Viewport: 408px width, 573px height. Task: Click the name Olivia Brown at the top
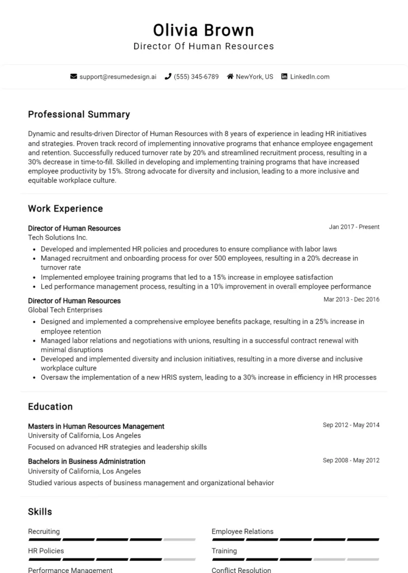point(203,30)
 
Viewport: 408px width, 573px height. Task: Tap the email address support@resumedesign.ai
point(118,77)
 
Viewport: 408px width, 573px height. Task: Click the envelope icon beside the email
point(73,77)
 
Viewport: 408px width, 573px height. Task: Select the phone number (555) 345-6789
point(196,77)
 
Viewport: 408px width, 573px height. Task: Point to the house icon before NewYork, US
point(230,77)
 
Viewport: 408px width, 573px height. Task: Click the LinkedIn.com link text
point(310,77)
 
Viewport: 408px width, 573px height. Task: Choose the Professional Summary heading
point(79,115)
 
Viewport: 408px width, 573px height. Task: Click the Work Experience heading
point(65,209)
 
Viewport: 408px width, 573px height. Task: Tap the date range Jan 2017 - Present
point(354,227)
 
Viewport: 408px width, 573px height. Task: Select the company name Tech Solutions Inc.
point(58,238)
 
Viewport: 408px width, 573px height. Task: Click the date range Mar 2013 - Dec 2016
point(352,299)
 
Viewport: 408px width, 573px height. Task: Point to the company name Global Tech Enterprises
point(65,310)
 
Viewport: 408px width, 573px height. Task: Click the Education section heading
point(50,407)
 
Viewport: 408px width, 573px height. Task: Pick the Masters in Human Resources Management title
point(96,426)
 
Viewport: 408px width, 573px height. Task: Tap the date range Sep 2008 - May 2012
point(351,461)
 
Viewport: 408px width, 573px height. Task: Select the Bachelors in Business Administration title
point(87,462)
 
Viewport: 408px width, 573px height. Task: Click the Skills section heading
point(40,512)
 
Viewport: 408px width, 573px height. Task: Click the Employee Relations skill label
point(243,532)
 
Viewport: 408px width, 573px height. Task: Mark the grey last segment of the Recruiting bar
point(179,539)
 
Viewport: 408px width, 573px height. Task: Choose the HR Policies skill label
point(46,551)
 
